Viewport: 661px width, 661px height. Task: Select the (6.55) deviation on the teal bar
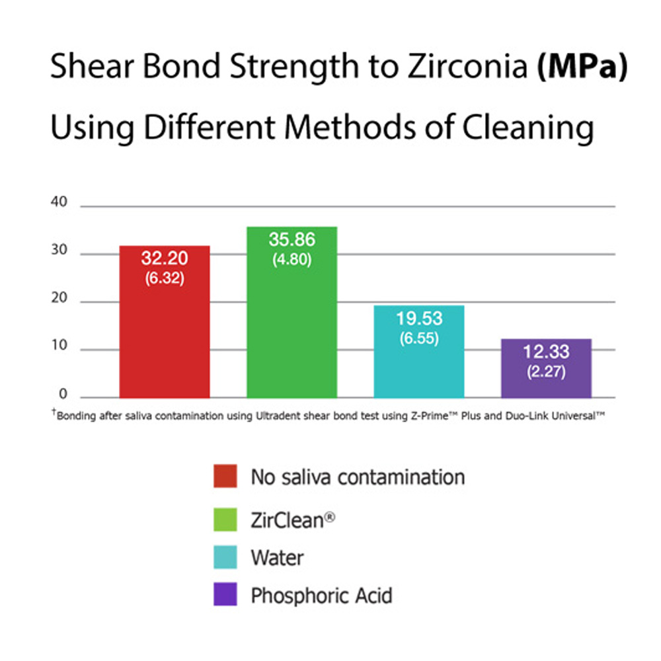[x=419, y=338]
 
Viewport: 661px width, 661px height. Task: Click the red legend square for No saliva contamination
[x=225, y=476]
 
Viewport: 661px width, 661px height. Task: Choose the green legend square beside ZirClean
[x=225, y=518]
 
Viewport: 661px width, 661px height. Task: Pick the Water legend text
[x=277, y=557]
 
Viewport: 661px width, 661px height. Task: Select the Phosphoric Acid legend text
[x=321, y=596]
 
